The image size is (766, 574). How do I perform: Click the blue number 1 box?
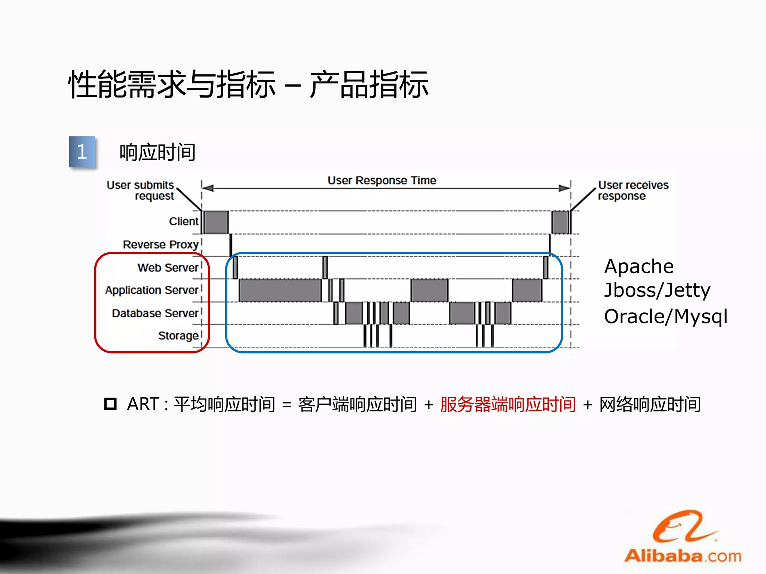tap(82, 152)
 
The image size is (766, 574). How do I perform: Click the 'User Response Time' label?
tap(382, 180)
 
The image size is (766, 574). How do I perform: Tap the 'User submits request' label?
tap(141, 190)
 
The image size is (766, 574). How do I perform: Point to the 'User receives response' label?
tap(633, 190)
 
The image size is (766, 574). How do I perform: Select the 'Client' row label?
tap(183, 221)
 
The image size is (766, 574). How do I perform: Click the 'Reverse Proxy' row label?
tap(160, 244)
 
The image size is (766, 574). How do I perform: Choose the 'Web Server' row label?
tap(168, 268)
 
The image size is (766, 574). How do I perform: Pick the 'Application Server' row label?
tap(151, 290)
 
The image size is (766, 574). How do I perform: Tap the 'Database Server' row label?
tap(155, 313)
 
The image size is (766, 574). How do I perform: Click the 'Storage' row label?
tap(178, 336)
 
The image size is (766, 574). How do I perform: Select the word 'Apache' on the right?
tap(639, 267)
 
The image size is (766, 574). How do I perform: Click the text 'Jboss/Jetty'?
tap(657, 290)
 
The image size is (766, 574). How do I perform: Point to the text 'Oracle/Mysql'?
tap(666, 317)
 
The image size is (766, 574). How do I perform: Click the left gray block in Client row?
tap(216, 222)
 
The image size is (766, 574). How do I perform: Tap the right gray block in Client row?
tap(560, 222)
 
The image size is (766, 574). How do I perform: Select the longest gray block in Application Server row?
tap(280, 290)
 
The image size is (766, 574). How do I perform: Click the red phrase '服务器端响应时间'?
tap(508, 404)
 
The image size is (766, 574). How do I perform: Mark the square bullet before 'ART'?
tap(110, 404)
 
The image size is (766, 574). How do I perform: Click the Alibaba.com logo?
tap(683, 538)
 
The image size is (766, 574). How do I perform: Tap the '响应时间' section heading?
tap(157, 152)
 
